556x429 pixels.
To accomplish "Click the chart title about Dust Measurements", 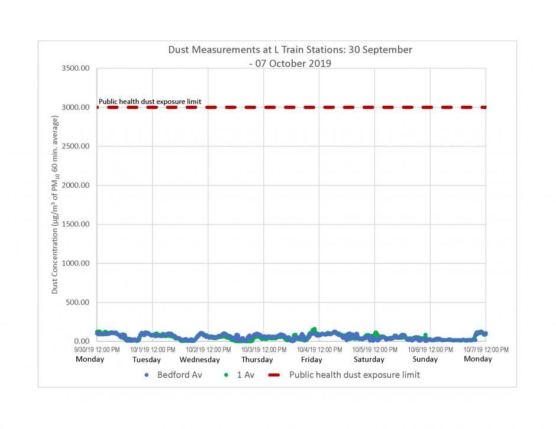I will pos(290,56).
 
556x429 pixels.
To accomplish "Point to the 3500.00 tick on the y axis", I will pos(75,69).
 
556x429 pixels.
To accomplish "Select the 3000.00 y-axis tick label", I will pos(75,108).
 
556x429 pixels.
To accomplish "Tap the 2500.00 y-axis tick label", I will pos(75,147).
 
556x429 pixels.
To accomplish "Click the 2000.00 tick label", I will pos(75,186).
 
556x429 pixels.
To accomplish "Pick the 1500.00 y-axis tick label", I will pos(75,225).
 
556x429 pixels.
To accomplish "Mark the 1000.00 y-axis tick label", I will pos(75,264).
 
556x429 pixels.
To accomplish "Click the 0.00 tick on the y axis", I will pos(80,342).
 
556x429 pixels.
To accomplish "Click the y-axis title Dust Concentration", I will pos(55,204).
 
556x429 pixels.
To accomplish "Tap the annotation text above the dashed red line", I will pos(150,102).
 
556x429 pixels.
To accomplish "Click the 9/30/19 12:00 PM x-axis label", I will pos(97,350).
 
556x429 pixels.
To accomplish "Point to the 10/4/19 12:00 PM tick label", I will pos(319,350).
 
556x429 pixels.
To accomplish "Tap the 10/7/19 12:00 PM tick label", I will pos(486,350).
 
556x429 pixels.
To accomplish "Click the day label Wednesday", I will pos(199,359).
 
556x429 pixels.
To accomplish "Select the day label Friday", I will pos(311,359).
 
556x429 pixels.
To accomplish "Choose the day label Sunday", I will pos(425,359).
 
